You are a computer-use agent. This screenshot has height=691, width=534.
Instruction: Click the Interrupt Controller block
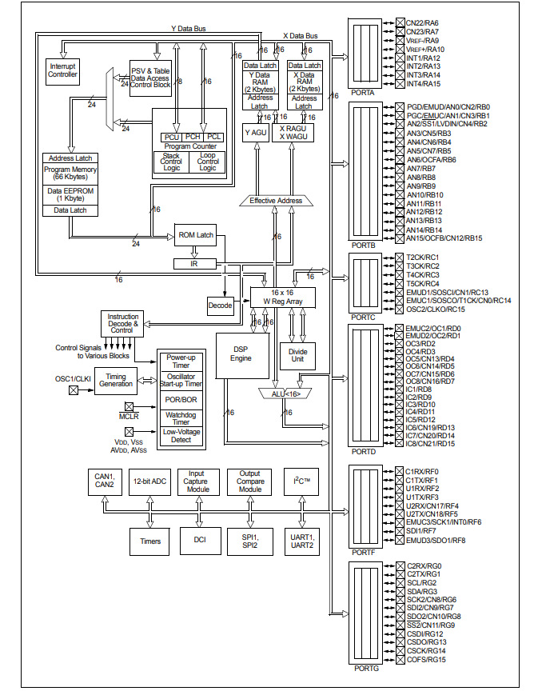point(63,70)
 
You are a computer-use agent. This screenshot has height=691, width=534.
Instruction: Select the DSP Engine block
point(241,353)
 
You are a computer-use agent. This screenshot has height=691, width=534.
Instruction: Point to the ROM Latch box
point(195,234)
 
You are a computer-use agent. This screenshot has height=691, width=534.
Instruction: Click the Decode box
point(220,305)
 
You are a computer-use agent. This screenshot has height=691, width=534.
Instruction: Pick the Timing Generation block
point(116,381)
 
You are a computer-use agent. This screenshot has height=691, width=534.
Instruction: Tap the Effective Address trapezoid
point(276,200)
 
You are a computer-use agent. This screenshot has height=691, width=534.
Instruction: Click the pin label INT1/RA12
point(424,58)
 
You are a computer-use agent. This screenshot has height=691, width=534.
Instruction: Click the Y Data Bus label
point(189,28)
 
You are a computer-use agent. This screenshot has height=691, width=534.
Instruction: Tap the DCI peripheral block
point(200,541)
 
